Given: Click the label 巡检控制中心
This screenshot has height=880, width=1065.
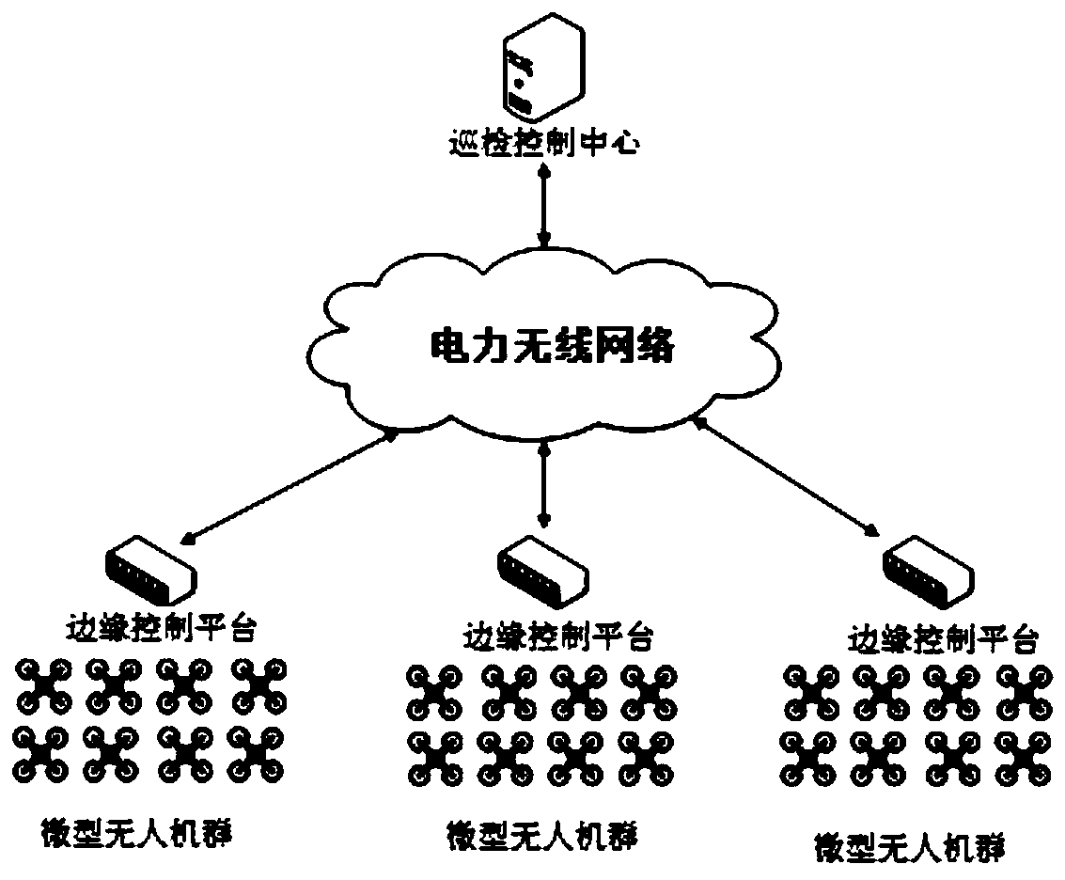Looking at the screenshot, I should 541,145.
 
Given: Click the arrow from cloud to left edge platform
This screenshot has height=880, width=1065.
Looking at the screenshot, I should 289,483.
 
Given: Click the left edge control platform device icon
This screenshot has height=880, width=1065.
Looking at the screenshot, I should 150,570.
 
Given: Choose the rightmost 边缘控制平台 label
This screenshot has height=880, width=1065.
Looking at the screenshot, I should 943,640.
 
